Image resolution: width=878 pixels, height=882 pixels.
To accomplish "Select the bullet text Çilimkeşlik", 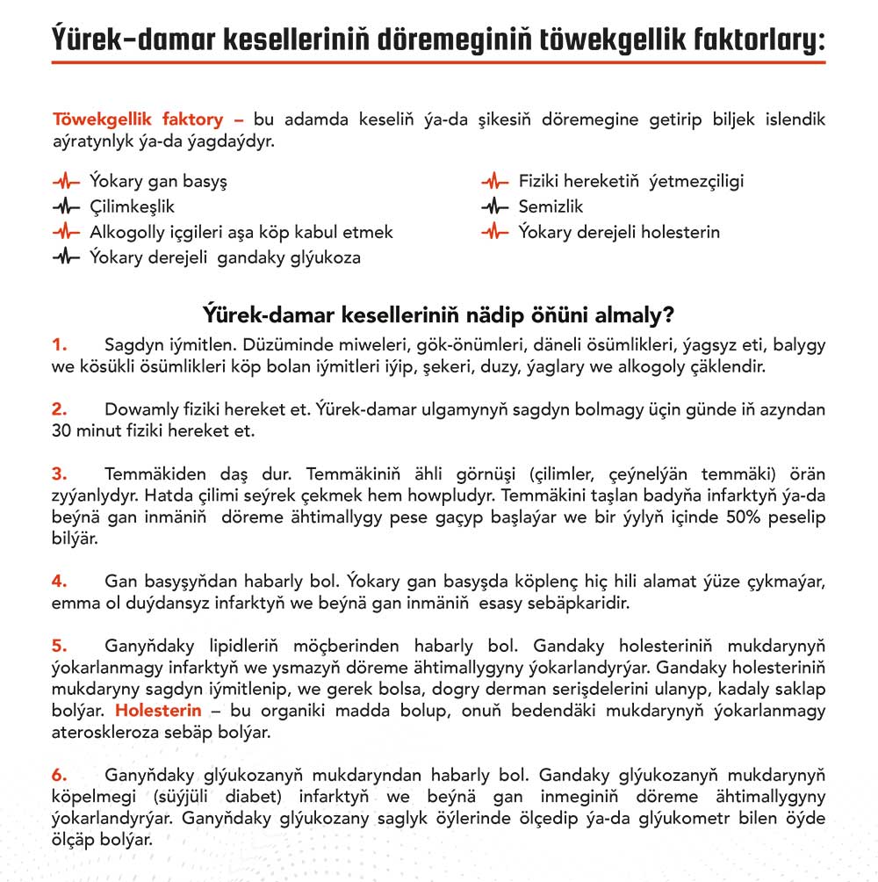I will click(x=132, y=207).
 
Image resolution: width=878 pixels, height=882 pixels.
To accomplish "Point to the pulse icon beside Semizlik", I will click(x=494, y=207).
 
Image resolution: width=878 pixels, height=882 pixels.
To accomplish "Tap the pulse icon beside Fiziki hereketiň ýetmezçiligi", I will click(x=494, y=182).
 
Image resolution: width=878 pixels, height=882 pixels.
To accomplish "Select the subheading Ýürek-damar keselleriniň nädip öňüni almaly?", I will click(x=438, y=314).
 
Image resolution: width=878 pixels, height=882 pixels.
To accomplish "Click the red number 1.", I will click(x=59, y=343).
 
